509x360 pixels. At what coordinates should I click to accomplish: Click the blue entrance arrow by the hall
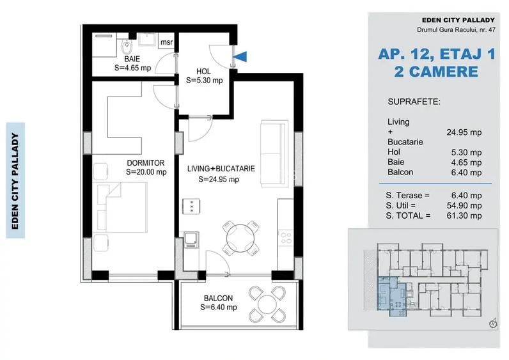tap(240, 57)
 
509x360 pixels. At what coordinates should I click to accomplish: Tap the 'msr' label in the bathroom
tap(166, 43)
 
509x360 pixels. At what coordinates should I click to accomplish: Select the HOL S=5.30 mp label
tap(205, 75)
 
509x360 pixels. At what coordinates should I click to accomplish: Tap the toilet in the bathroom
tap(127, 46)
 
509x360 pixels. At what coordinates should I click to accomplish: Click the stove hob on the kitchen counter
tap(286, 239)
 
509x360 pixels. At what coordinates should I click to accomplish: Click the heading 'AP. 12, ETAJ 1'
tap(437, 55)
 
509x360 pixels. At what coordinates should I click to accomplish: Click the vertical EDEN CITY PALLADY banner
tap(15, 180)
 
